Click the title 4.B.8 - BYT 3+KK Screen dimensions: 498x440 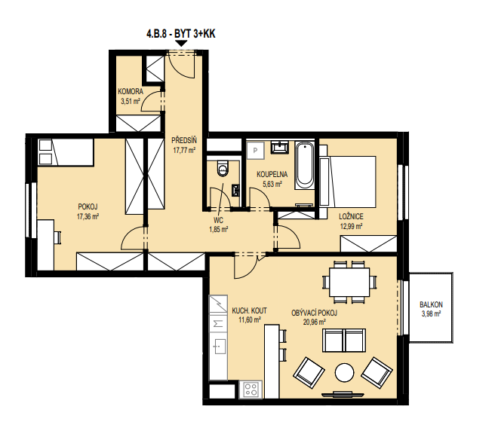point(181,34)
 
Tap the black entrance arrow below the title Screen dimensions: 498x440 point(181,44)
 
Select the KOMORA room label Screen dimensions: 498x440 point(131,92)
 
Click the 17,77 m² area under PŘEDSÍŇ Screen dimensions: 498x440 point(184,150)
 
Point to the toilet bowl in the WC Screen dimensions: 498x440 point(223,169)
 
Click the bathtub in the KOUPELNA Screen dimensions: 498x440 point(305,165)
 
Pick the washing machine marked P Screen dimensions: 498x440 point(255,151)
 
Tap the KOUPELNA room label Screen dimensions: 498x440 point(272,174)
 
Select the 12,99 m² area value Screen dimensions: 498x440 point(352,226)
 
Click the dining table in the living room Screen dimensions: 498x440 point(349,282)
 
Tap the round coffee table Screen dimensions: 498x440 point(344,372)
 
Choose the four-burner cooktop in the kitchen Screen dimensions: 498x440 point(251,389)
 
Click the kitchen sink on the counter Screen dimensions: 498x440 point(219,347)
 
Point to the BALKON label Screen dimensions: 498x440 point(431,304)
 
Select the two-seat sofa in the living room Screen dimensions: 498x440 point(344,341)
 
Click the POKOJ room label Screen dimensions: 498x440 point(88,207)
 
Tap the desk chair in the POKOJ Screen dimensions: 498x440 point(57,237)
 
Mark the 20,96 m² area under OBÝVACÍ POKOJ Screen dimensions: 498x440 point(315,322)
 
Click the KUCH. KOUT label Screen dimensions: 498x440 point(249,310)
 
